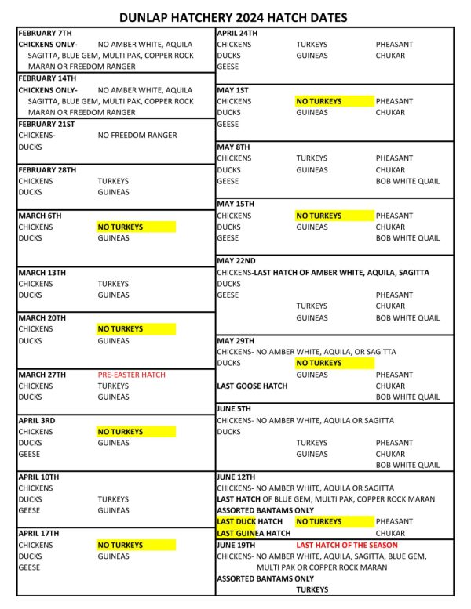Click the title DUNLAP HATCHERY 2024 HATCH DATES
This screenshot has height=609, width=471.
(233, 17)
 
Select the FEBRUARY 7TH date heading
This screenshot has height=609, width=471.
(46, 33)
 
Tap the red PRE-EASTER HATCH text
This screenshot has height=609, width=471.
(132, 375)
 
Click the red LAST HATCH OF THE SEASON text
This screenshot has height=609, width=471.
(346, 545)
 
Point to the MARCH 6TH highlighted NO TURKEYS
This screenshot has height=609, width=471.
(120, 227)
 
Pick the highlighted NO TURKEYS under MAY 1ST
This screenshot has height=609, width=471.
(319, 101)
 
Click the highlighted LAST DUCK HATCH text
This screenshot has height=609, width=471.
(250, 522)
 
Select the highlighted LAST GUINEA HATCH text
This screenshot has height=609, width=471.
(254, 533)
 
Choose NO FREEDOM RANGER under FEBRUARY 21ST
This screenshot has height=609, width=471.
(137, 135)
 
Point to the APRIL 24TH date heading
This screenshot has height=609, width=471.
(237, 33)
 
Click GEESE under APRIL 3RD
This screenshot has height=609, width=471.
(29, 455)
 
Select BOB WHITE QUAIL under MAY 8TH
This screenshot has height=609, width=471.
(407, 181)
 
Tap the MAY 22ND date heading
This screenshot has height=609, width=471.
(235, 261)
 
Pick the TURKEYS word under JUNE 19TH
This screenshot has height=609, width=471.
(312, 590)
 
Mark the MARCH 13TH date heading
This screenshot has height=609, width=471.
(42, 272)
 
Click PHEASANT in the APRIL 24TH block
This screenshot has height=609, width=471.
(394, 45)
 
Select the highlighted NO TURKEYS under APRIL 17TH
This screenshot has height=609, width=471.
(120, 545)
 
